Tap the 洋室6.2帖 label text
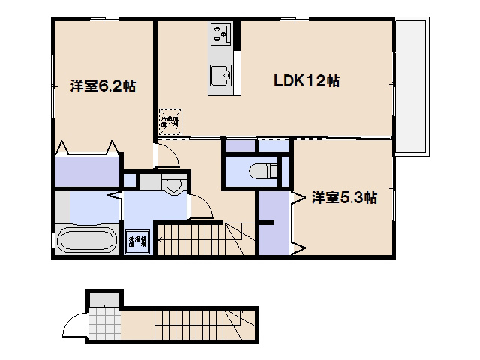(103, 85)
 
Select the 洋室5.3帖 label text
(344, 198)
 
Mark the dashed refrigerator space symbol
(169, 122)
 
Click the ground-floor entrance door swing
(73, 327)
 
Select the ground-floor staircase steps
(195, 323)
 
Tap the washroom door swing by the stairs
(201, 207)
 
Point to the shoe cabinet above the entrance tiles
(103, 298)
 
